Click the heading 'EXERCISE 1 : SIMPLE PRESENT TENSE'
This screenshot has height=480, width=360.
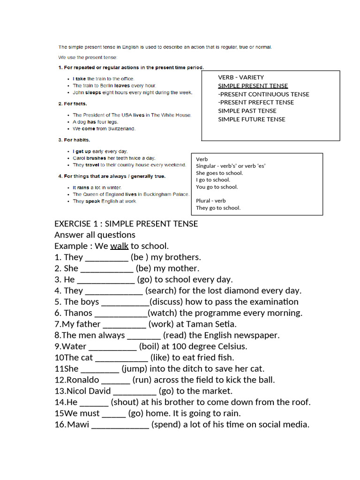pyautogui.click(x=126, y=224)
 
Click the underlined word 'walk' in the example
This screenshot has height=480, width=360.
pyautogui.click(x=119, y=246)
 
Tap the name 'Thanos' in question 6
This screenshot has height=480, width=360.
pyautogui.click(x=78, y=313)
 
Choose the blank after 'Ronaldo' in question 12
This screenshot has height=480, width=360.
pyautogui.click(x=115, y=380)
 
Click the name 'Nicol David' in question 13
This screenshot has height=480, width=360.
pyautogui.click(x=89, y=391)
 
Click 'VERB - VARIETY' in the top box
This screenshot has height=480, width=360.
pyautogui.click(x=241, y=77)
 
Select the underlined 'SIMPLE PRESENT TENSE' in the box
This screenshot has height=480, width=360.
pyautogui.click(x=253, y=86)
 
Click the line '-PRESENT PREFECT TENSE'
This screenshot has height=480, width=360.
pyautogui.click(x=256, y=102)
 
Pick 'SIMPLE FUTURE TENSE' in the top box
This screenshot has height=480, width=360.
pyautogui.click(x=252, y=119)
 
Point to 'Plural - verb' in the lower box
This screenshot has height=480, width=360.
pyautogui.click(x=211, y=201)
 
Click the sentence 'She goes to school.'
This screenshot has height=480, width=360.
pyautogui.click(x=219, y=173)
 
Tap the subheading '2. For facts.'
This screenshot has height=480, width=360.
pyautogui.click(x=73, y=104)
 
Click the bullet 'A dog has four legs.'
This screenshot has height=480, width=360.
pyautogui.click(x=95, y=122)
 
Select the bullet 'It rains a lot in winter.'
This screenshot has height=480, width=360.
pyautogui.click(x=97, y=187)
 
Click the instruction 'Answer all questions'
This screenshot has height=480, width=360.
pyautogui.click(x=95, y=235)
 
